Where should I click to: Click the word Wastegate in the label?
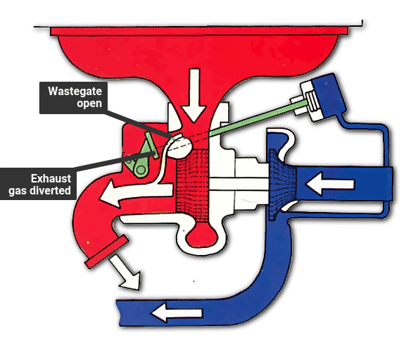[75, 92]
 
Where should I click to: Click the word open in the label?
[89, 104]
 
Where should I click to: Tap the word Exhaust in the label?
[51, 178]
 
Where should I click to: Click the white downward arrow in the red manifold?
[194, 95]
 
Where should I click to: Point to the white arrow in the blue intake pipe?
[330, 184]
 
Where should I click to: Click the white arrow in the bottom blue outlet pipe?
[177, 313]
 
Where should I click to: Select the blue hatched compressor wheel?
[283, 185]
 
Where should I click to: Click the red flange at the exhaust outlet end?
[107, 252]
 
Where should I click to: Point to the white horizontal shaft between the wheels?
[239, 184]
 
